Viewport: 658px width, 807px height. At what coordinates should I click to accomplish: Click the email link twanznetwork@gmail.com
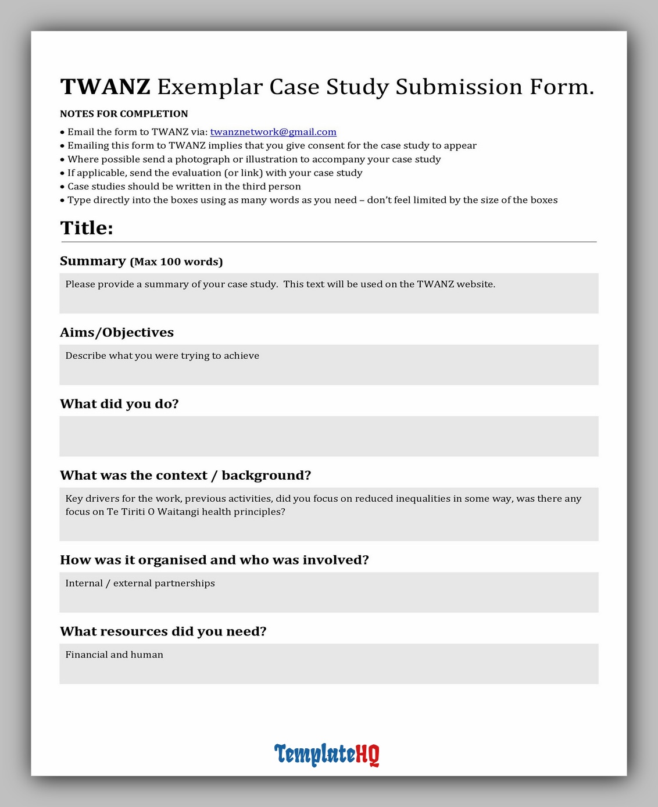coord(273,132)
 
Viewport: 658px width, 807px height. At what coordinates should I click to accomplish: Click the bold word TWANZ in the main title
coord(105,87)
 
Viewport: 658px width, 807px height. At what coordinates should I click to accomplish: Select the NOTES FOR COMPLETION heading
coord(124,114)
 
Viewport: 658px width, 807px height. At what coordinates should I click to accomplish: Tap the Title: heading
coord(87,228)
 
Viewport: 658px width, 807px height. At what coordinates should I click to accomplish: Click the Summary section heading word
coord(93,261)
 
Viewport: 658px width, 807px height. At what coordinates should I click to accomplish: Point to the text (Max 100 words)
coord(176,262)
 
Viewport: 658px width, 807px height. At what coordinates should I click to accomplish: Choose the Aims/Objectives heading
coord(117,333)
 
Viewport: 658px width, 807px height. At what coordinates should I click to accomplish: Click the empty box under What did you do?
coord(328,436)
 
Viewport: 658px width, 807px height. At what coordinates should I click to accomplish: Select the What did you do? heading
coord(119,404)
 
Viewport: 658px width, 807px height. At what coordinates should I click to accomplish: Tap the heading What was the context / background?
coord(185,476)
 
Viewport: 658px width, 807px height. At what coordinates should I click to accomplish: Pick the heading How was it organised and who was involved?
coord(214,560)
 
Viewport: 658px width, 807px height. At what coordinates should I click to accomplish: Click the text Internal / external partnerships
coord(140,583)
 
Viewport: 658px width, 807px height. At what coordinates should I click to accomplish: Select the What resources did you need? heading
coord(163,631)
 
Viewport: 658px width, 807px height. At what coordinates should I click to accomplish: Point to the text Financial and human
coord(115,655)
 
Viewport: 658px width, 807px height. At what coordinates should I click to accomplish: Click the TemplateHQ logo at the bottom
coord(327,754)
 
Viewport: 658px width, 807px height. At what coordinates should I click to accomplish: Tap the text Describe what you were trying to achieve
coord(162,356)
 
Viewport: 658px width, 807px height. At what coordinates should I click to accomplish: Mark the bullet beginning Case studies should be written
coord(184,187)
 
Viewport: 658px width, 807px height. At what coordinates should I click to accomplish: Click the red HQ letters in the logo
coord(367,754)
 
